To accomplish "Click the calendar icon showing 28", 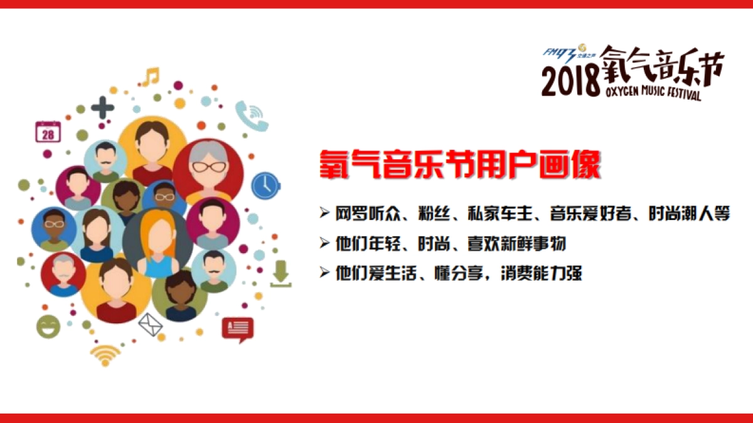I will coord(48,132).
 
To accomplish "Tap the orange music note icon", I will coord(151,77).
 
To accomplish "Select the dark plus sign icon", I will coord(102,108).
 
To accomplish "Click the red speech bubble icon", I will coord(237,329).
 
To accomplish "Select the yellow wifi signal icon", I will coord(105,355).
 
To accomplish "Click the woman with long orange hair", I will coord(157,243).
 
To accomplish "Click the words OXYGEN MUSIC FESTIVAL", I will coord(653,93).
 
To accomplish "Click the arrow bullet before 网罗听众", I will coord(324,214).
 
